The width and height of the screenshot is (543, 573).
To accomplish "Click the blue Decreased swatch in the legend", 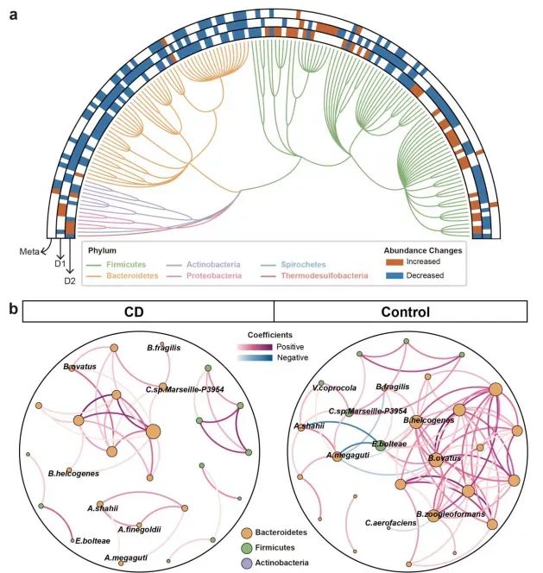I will click(x=395, y=275).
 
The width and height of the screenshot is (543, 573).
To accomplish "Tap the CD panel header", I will click(x=148, y=312).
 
